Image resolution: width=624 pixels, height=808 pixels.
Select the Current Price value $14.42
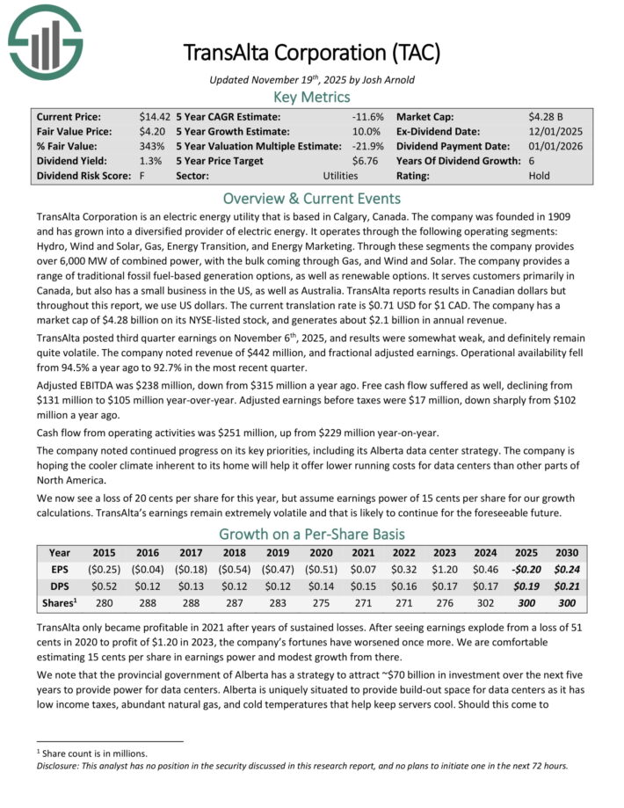point(154,116)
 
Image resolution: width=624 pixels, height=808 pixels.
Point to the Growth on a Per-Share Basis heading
point(313,534)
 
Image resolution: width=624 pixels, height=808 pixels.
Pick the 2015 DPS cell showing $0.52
point(104,586)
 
